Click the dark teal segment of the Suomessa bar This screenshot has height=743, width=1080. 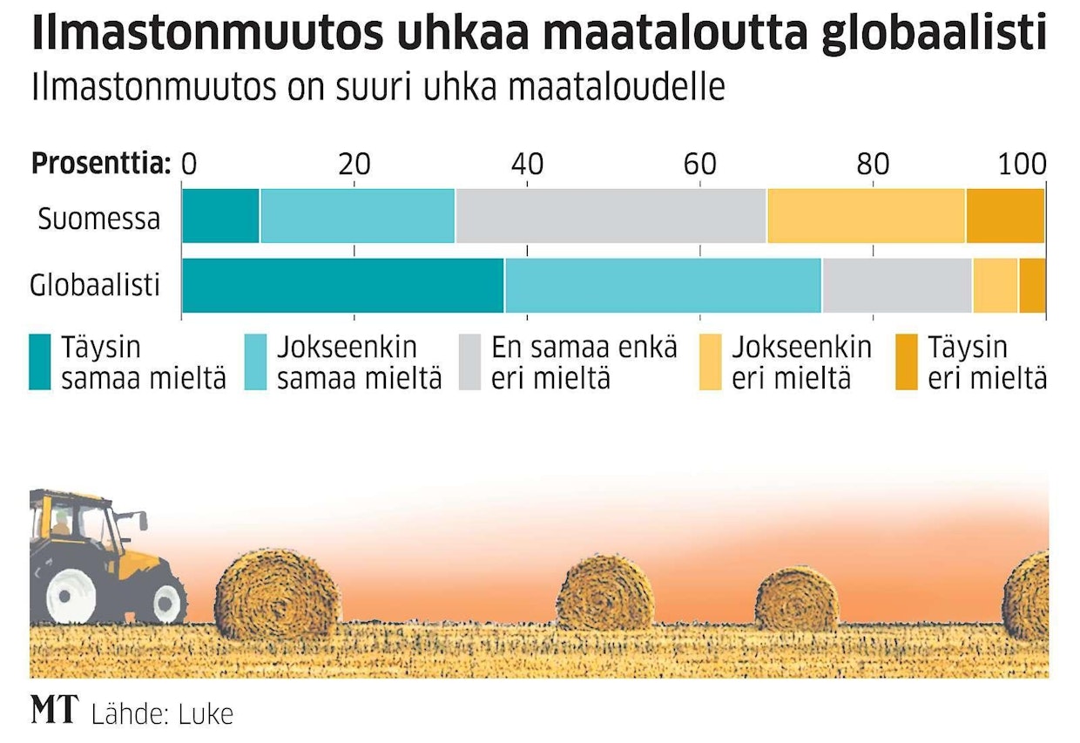coord(220,215)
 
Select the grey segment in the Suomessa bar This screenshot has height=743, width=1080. coord(610,215)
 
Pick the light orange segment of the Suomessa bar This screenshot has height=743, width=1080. coord(865,215)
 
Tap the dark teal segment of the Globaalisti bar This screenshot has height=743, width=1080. coord(342,286)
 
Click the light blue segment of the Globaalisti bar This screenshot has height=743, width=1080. coord(662,286)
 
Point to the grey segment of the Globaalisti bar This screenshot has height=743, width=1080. coord(896,286)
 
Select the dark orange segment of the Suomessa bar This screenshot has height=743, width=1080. coord(1004,215)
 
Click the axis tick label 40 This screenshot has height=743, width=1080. coord(527,164)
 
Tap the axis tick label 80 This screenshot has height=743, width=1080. coord(873,164)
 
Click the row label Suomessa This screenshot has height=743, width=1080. coord(98,218)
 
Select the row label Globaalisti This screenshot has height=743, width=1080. coord(95,285)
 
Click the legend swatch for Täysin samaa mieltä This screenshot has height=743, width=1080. coord(40,362)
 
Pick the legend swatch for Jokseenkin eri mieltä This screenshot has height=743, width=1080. coord(711,362)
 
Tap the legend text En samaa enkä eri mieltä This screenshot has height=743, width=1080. coord(584,363)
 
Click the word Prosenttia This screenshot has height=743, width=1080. coord(99,163)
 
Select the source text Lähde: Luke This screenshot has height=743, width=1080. coord(162,713)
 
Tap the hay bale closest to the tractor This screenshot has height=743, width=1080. coord(276,591)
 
